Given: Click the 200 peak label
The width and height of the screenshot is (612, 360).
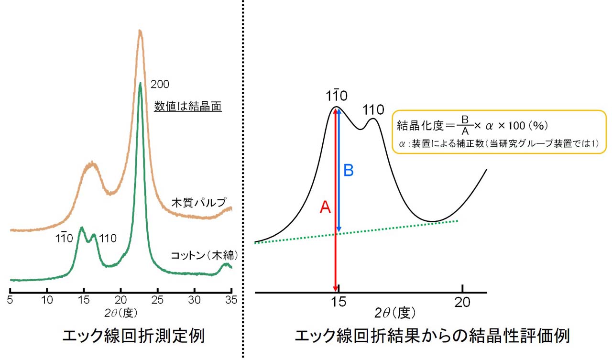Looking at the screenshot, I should [x=160, y=85].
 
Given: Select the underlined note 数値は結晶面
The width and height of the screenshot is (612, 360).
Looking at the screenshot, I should [x=187, y=107].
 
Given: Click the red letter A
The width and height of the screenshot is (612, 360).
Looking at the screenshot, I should [x=325, y=207].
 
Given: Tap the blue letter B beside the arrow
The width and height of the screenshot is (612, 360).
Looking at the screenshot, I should [x=349, y=171].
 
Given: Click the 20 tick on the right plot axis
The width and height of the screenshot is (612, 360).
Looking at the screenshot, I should [x=463, y=302].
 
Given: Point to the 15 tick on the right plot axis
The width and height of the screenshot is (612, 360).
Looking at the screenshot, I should [x=339, y=302].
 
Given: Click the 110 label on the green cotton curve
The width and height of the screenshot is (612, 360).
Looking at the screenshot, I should [x=107, y=238].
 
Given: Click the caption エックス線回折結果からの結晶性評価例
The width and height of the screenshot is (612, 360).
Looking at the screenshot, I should [x=432, y=337].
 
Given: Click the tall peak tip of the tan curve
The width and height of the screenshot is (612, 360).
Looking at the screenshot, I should [x=140, y=32].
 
